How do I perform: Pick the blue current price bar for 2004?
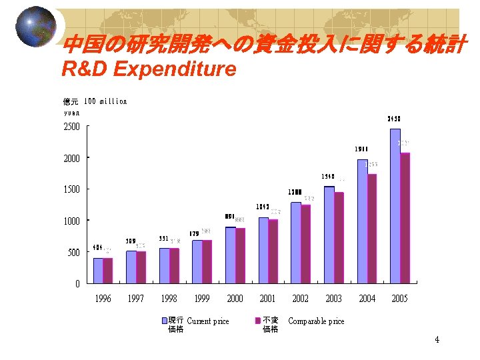coord(362,221)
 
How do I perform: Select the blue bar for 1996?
coord(98,270)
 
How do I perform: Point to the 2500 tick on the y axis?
coord(71,127)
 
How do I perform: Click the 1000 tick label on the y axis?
coord(71,221)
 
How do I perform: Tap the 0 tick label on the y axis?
coord(77,284)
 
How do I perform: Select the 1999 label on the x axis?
coord(202,299)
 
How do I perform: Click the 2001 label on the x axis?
coord(267,299)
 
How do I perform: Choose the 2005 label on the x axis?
coord(399,299)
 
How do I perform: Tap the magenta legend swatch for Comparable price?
coord(257,321)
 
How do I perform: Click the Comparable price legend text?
coord(316,321)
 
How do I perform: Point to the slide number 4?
coord(437,340)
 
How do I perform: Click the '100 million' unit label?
coord(106,102)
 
